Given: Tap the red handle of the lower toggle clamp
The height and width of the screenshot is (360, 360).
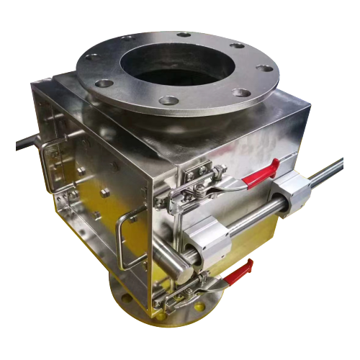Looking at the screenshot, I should point(239,272).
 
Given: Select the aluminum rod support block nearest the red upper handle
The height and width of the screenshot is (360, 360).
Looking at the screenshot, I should point(291,194).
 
